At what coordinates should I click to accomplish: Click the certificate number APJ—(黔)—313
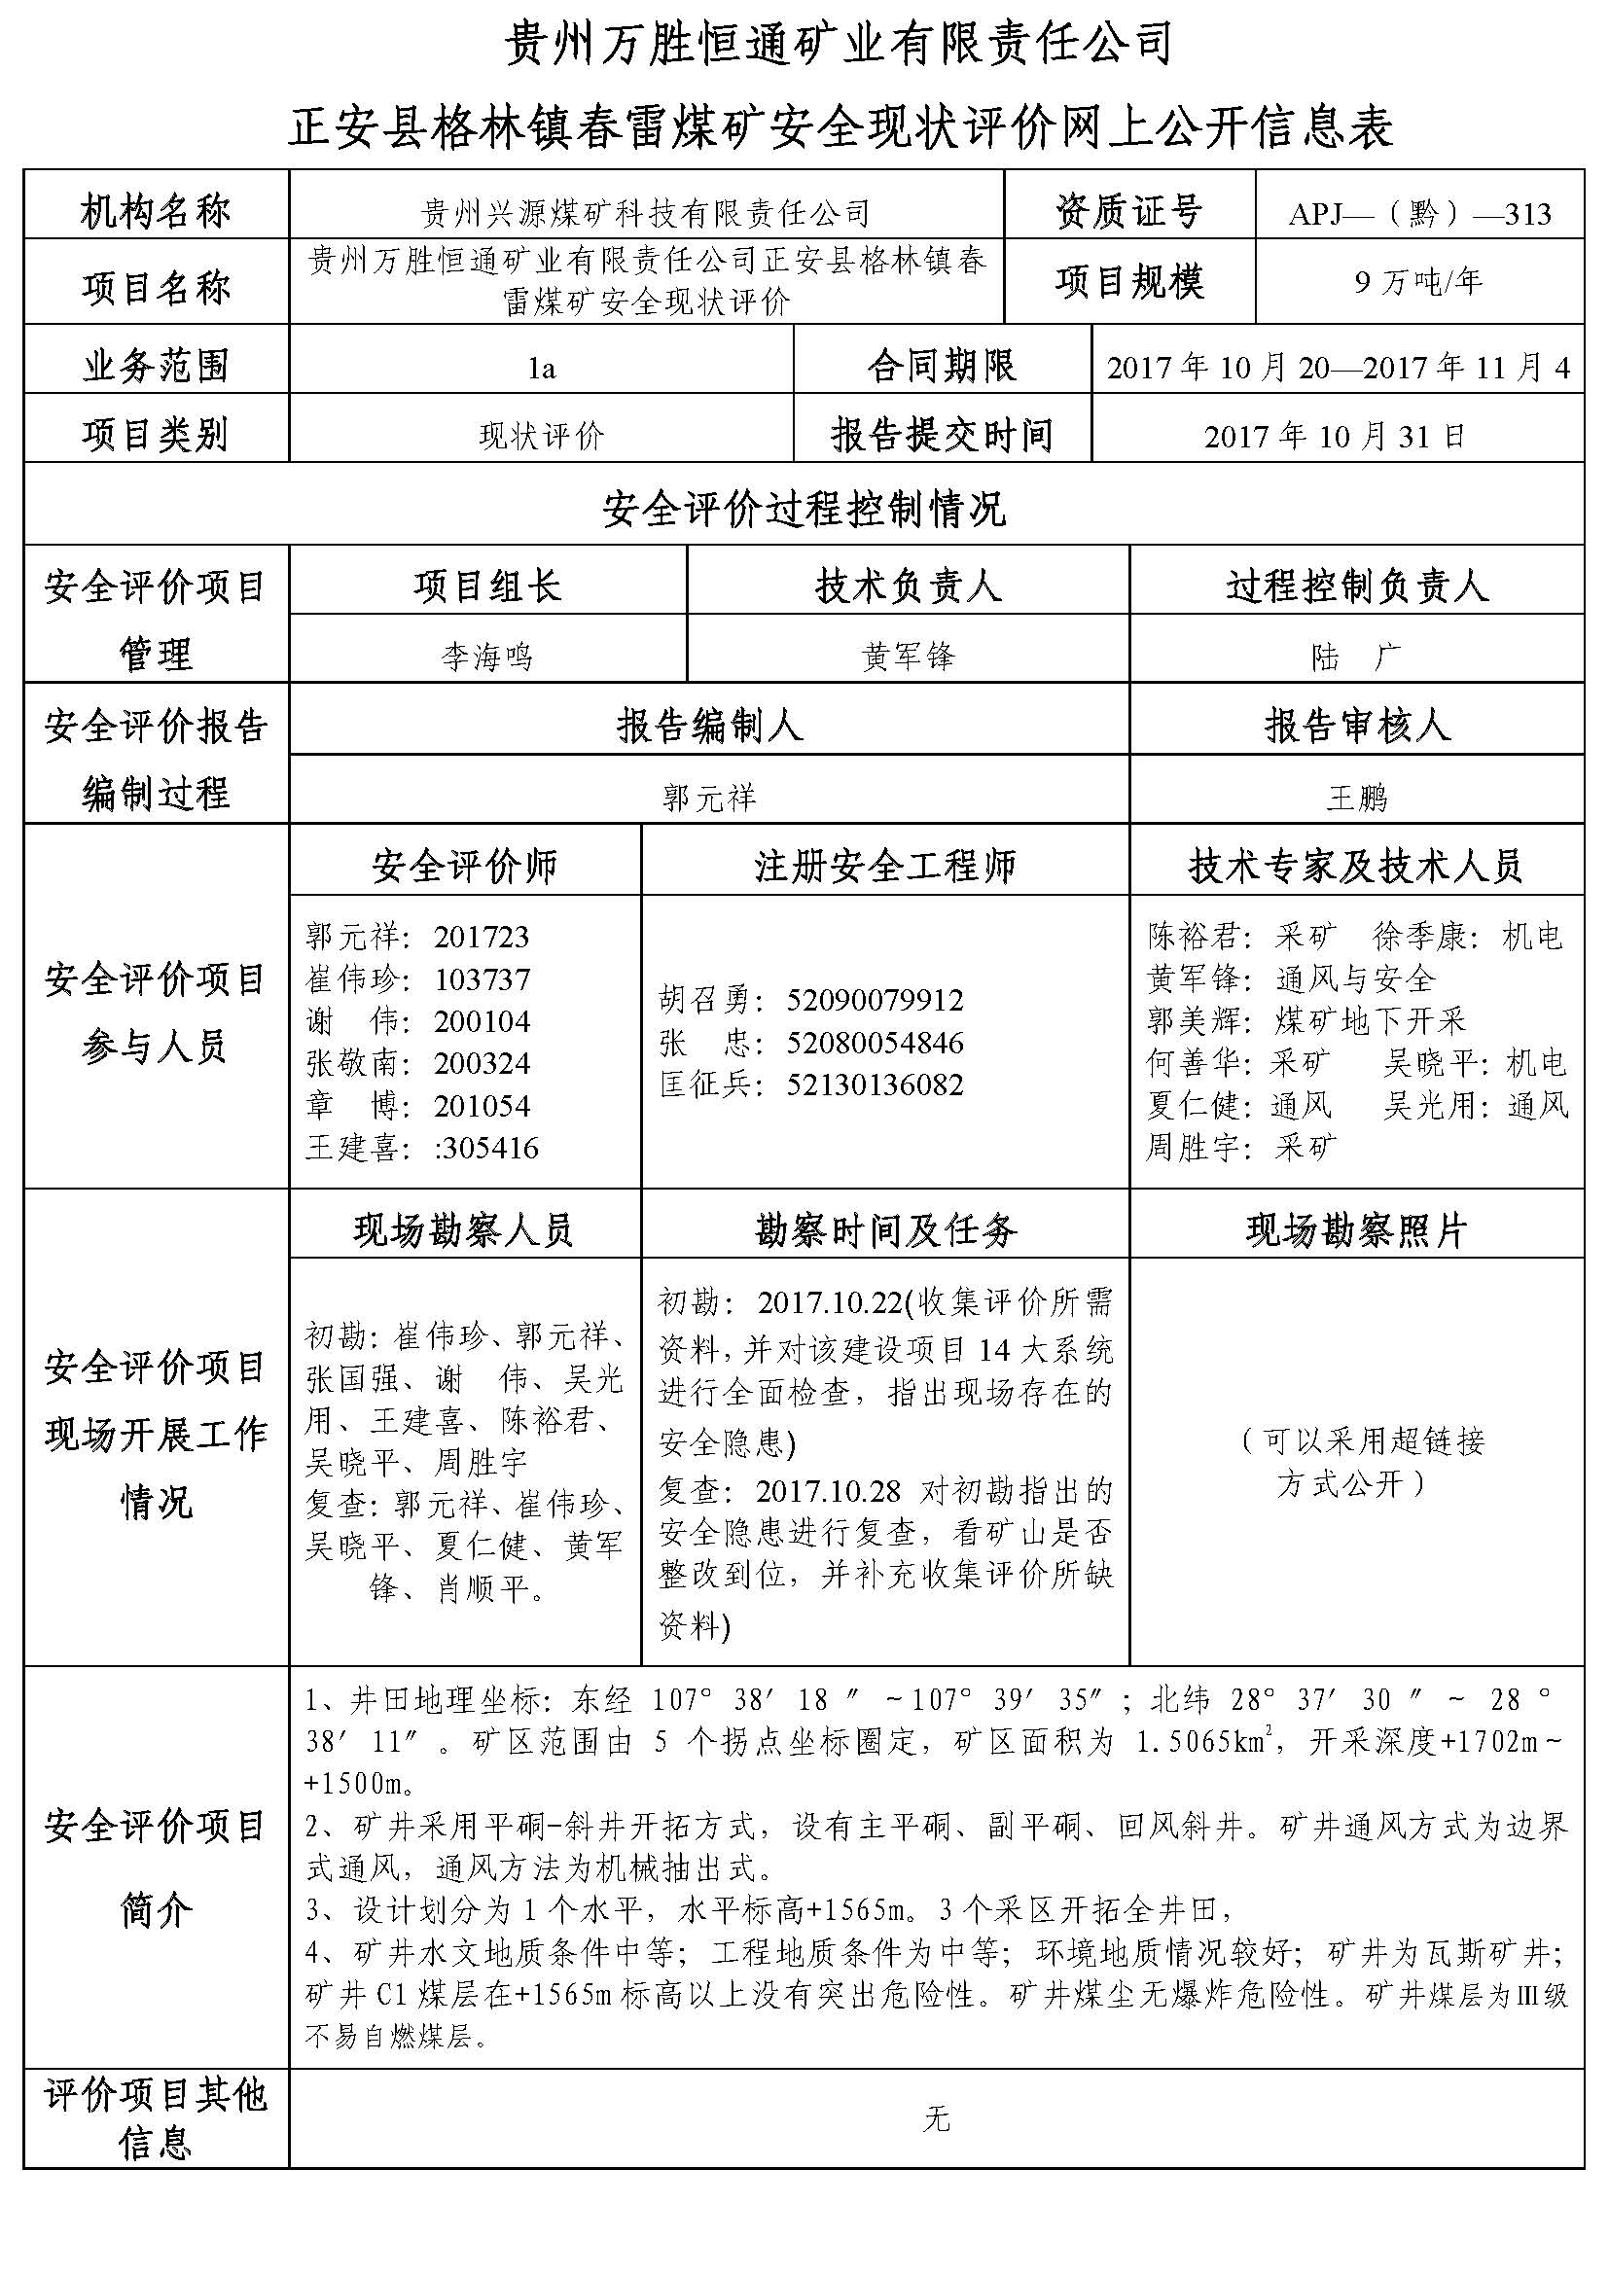(x=1418, y=214)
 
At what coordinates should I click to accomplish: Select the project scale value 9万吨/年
(x=1418, y=283)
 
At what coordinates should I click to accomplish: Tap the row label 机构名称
(x=156, y=212)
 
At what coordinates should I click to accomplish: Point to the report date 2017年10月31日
(x=1335, y=436)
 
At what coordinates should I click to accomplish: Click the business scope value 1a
(x=541, y=369)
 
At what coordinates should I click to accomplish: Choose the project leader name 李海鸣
(x=486, y=656)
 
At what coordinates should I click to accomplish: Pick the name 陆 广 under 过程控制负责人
(x=1355, y=656)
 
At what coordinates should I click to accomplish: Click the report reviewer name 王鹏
(x=1356, y=797)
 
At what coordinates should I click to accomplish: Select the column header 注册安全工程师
(x=884, y=866)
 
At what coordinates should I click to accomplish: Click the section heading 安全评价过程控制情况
(x=804, y=511)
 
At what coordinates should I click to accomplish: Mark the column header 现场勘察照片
(x=1355, y=1230)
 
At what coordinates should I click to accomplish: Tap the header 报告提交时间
(x=942, y=435)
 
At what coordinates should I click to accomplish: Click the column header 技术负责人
(x=908, y=587)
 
